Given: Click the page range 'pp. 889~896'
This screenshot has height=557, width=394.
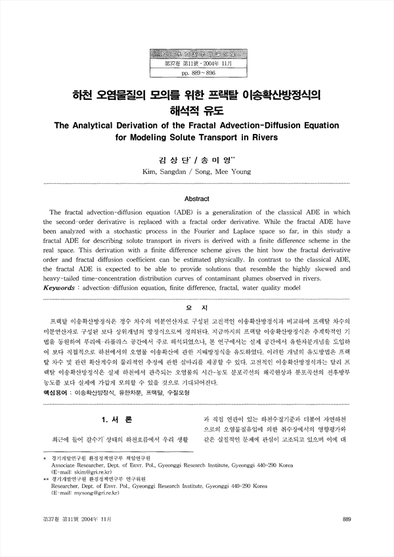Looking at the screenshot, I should click(196, 76).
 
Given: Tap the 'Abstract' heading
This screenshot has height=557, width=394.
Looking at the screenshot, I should click(196, 198).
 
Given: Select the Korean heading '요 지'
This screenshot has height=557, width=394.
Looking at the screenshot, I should click(197, 308).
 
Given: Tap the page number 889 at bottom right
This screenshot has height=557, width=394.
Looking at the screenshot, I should click(347, 519).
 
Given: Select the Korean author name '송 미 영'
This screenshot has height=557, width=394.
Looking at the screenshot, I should click(221, 159).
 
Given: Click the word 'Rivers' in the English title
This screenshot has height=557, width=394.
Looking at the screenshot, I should click(261, 138).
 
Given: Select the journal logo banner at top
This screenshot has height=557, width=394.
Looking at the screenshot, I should click(196, 54).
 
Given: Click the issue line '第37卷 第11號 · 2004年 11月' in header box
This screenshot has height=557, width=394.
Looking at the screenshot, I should click(196, 66).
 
